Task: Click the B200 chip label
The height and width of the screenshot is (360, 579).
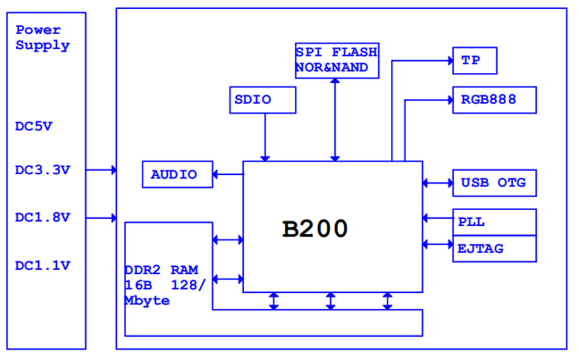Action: click(315, 229)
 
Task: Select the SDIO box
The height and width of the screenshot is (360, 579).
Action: click(263, 100)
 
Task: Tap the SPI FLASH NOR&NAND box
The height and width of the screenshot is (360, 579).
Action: click(336, 60)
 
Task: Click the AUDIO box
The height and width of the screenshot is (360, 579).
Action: click(177, 174)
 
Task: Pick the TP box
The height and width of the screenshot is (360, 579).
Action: click(475, 60)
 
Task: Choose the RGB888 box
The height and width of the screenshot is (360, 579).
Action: click(494, 100)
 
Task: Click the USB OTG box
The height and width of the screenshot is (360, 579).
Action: click(494, 183)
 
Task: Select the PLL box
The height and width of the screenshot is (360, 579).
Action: click(494, 222)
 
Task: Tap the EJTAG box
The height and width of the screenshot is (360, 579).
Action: click(494, 249)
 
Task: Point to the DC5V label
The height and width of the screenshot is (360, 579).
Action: click(34, 127)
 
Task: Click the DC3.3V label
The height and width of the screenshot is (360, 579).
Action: click(42, 170)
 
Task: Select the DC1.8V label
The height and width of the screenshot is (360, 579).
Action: click(42, 218)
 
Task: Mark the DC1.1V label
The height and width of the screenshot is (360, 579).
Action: click(42, 266)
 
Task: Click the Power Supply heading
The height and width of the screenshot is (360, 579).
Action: click(42, 38)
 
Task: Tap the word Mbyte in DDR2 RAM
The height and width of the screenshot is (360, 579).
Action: click(147, 301)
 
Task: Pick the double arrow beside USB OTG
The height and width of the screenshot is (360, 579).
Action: click(438, 183)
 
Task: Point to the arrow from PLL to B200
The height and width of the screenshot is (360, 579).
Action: click(438, 218)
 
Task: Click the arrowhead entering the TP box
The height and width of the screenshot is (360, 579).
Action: click(449, 60)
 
